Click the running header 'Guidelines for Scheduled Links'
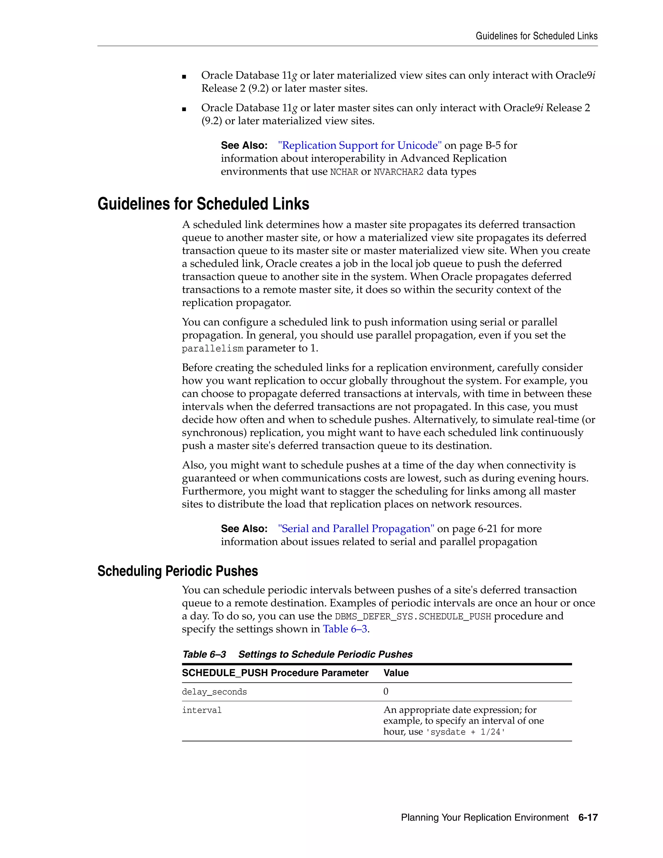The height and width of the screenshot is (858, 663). pyautogui.click(x=536, y=36)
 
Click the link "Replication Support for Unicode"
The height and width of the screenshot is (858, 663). pyautogui.click(x=360, y=145)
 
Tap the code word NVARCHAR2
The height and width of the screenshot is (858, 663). pyautogui.click(x=398, y=172)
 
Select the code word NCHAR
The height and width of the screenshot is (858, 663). pyautogui.click(x=344, y=172)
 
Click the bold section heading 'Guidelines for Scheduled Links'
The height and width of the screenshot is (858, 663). pyautogui.click(x=203, y=204)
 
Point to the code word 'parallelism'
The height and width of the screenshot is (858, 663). pyautogui.click(x=212, y=349)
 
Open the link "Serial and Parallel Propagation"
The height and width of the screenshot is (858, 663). pyautogui.click(x=356, y=529)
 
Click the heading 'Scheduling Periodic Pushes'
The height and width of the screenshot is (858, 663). pyautogui.click(x=177, y=571)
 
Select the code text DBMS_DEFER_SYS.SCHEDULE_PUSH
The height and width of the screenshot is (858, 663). pyautogui.click(x=413, y=616)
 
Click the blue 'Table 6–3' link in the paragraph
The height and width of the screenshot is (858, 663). pyautogui.click(x=345, y=629)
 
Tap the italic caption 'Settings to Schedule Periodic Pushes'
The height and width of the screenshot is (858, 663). pyautogui.click(x=325, y=654)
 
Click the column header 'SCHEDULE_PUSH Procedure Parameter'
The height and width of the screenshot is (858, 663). pyautogui.click(x=275, y=673)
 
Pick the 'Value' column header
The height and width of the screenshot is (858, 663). pyautogui.click(x=396, y=673)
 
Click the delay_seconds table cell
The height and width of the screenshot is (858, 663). pyautogui.click(x=214, y=692)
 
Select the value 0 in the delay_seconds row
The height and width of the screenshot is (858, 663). pyautogui.click(x=386, y=692)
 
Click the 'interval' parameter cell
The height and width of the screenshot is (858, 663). pyautogui.click(x=202, y=710)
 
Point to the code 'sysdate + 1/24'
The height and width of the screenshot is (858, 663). pyautogui.click(x=465, y=732)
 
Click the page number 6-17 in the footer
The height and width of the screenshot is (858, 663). pyautogui.click(x=588, y=818)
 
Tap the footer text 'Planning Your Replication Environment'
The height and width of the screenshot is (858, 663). pyautogui.click(x=485, y=818)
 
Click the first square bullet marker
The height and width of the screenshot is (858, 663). pyautogui.click(x=184, y=77)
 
